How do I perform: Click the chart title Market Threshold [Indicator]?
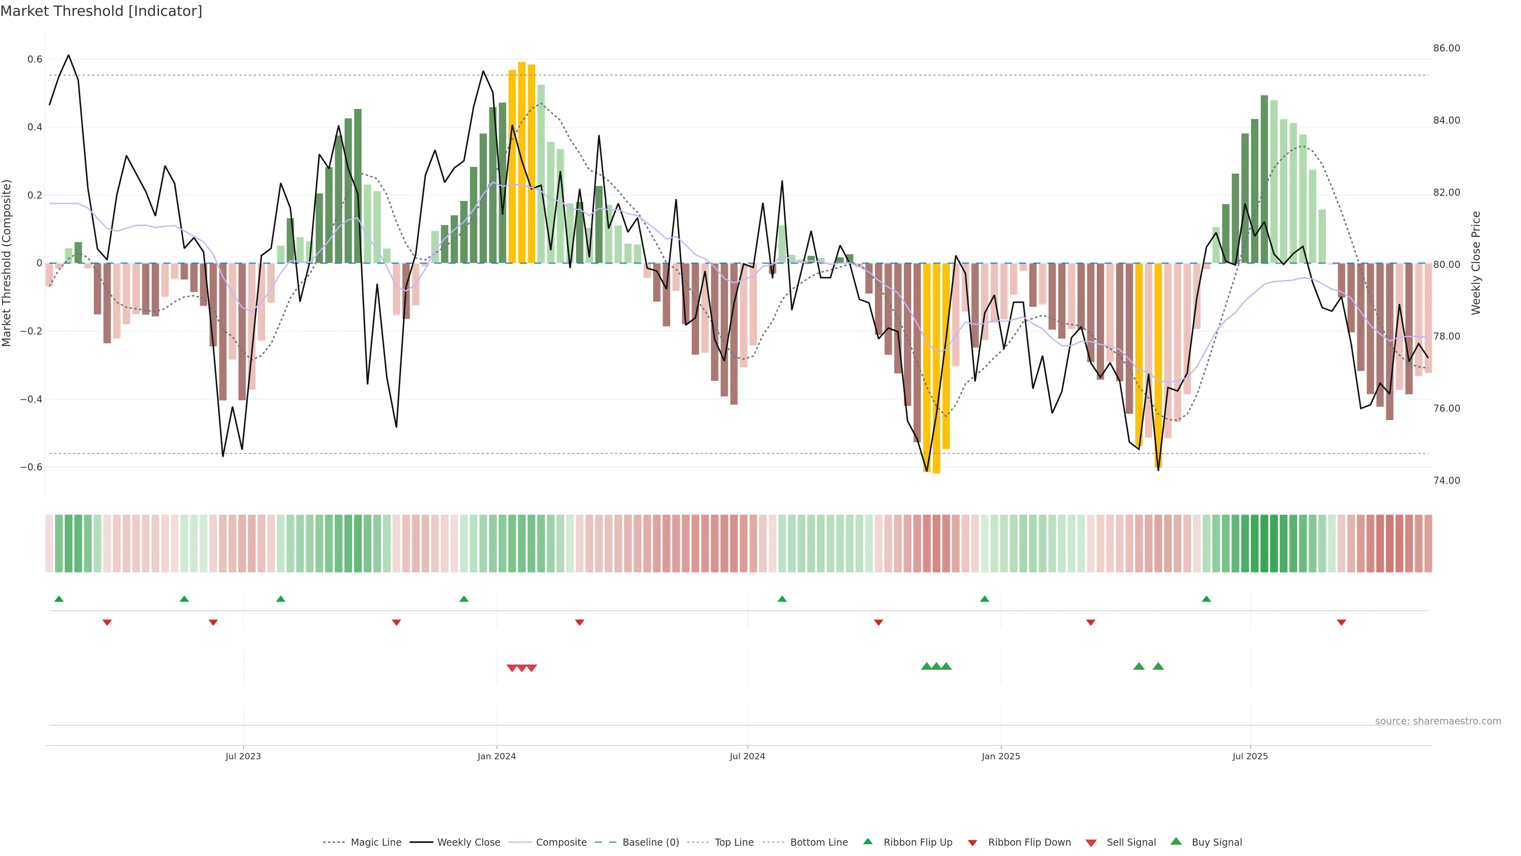pyautogui.click(x=101, y=11)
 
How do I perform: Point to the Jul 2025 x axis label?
pyautogui.click(x=1250, y=756)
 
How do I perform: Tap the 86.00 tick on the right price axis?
pyautogui.click(x=1446, y=48)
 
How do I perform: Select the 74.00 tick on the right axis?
pyautogui.click(x=1446, y=480)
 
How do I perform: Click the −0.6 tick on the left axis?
pyautogui.click(x=31, y=467)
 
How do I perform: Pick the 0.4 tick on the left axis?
pyautogui.click(x=35, y=127)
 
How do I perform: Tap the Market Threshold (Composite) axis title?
pyautogui.click(x=7, y=263)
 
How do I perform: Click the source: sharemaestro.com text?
pyautogui.click(x=1438, y=721)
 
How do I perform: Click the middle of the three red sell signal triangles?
pyautogui.click(x=522, y=668)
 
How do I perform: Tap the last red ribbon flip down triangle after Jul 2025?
pyautogui.click(x=1342, y=623)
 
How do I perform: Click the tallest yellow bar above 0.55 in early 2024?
pyautogui.click(x=522, y=162)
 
